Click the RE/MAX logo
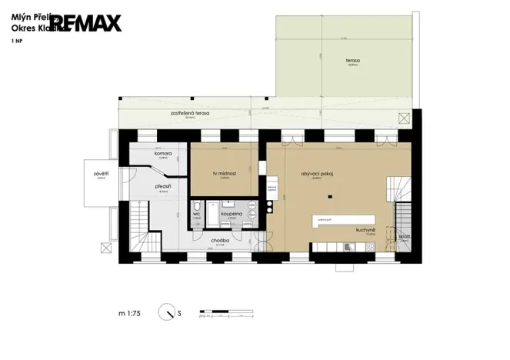tap(86, 23)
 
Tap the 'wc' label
tap(196, 215)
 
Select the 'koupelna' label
tap(232, 215)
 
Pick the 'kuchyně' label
tap(365, 229)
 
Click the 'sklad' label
tap(405, 236)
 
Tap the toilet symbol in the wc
tap(198, 205)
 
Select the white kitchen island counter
tap(342, 221)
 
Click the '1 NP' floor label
tap(16, 40)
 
